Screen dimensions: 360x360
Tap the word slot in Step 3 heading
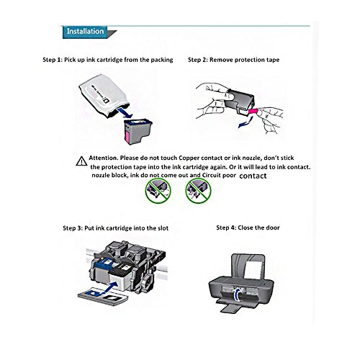165,228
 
